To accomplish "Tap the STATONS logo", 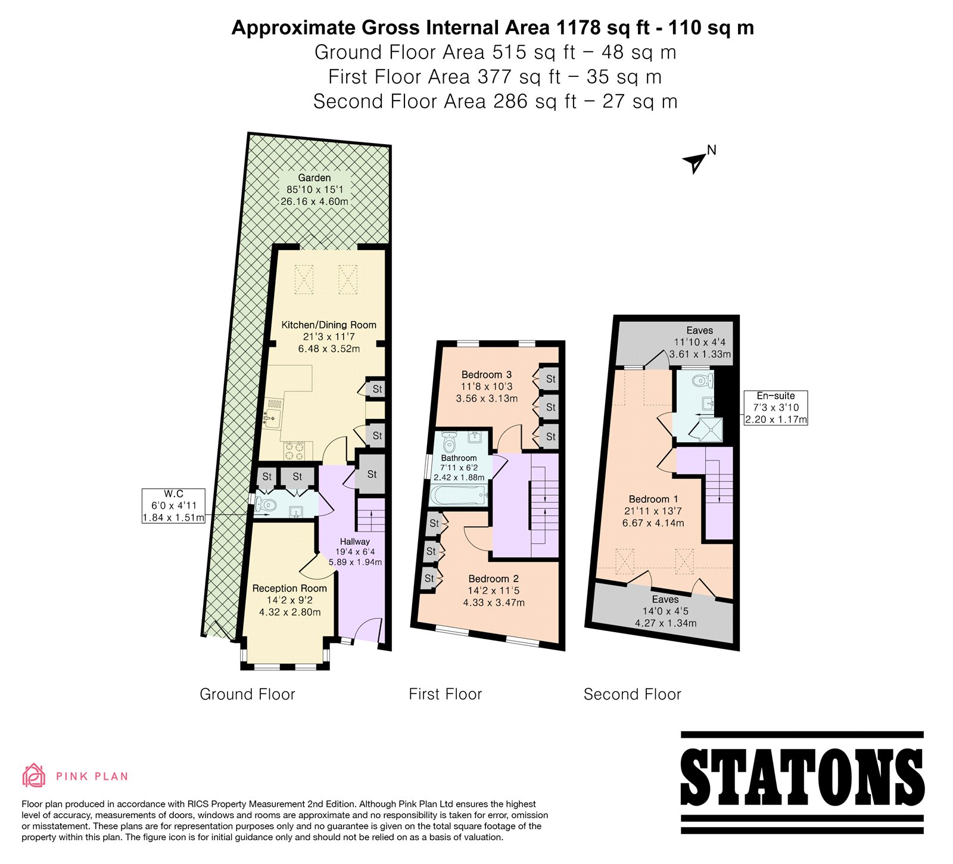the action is click(802, 782).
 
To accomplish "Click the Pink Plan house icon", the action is click(33, 775).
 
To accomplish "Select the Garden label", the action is click(314, 178).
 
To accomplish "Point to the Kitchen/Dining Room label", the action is click(329, 325).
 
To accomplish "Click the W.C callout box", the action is click(173, 506).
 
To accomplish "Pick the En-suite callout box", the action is click(776, 407).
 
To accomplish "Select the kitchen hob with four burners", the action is click(293, 450).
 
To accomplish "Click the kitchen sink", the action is click(273, 412).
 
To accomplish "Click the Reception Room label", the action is click(289, 588).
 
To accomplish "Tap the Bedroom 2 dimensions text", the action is click(494, 596).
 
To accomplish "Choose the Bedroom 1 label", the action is click(653, 499).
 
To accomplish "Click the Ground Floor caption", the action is click(247, 694).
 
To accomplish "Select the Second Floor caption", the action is click(633, 694).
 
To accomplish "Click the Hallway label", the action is click(355, 542).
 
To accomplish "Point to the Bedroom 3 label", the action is click(487, 375).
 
